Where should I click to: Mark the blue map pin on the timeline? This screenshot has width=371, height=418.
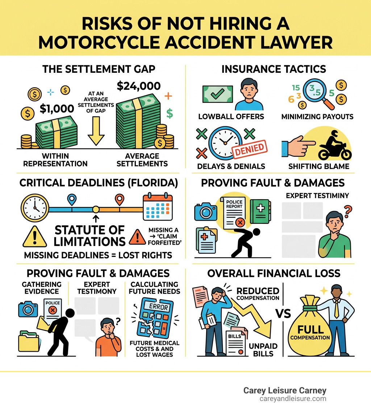tap(72, 199)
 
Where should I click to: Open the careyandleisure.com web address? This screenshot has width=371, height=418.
tap(293, 398)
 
